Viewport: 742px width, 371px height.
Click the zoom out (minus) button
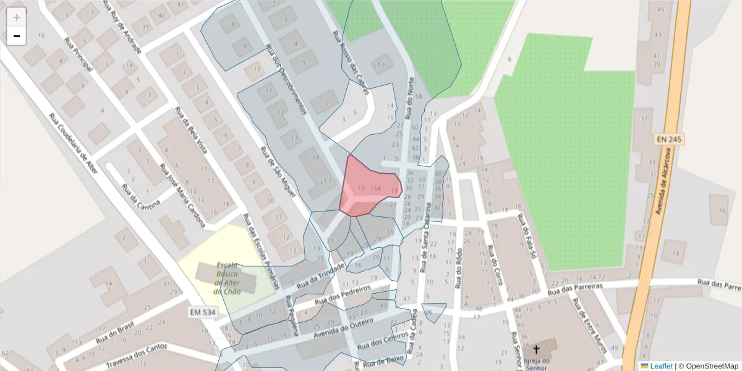[x=17, y=36]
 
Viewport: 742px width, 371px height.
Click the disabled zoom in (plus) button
[x=17, y=17]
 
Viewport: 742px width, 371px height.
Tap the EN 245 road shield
[x=669, y=140]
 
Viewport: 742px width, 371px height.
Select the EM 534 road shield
[x=202, y=313]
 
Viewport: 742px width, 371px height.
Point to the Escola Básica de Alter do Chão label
[x=227, y=278]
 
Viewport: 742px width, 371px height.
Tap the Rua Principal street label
[x=79, y=54]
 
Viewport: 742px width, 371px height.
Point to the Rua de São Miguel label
[x=276, y=172]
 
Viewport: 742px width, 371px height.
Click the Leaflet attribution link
[x=661, y=366]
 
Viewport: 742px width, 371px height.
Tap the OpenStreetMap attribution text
[x=708, y=366]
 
